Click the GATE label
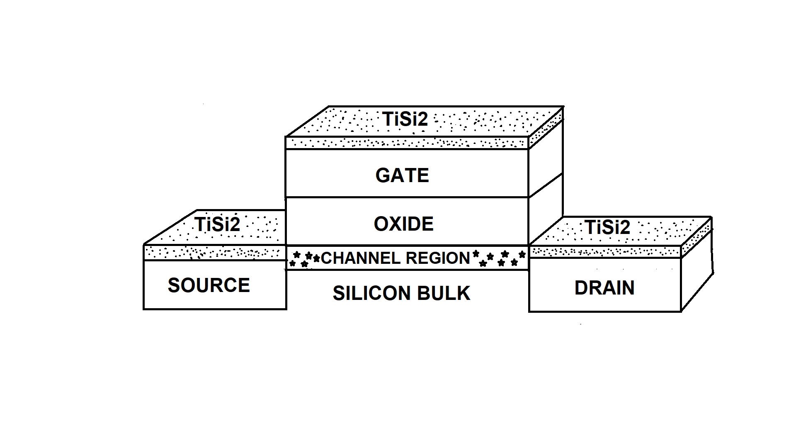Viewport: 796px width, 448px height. click(402, 175)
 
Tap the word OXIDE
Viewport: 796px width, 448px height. click(403, 224)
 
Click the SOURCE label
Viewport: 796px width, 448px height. click(209, 285)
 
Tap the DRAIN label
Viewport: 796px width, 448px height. click(604, 288)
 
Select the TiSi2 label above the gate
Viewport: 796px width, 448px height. click(405, 119)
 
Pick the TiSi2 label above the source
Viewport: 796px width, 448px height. click(217, 224)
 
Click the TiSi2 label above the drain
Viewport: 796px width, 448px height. click(607, 227)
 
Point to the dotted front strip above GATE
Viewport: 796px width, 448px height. click(406, 143)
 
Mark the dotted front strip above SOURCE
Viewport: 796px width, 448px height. click(214, 252)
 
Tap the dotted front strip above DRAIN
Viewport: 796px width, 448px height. click(605, 251)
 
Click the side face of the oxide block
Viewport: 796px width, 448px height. click(546, 207)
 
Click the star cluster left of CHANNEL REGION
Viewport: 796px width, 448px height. click(304, 258)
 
